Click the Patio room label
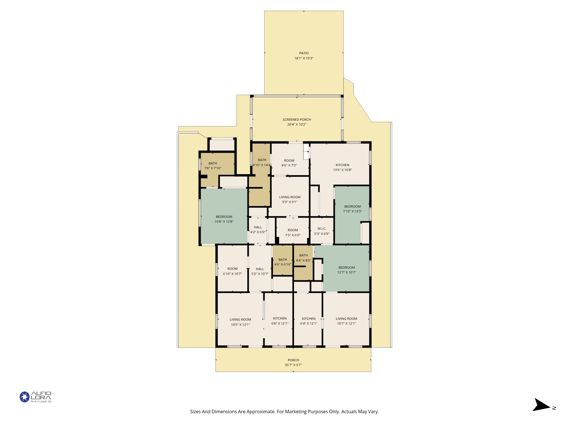pyautogui.click(x=304, y=53)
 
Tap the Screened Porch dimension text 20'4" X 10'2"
pyautogui.click(x=296, y=124)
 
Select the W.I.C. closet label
pyautogui.click(x=322, y=229)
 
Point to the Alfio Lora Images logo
pyautogui.click(x=36, y=397)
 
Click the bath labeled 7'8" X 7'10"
pyautogui.click(x=213, y=166)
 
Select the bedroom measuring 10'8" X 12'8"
pyautogui.click(x=224, y=219)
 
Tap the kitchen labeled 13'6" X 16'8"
pyautogui.click(x=342, y=167)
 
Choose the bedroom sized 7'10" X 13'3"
pyautogui.click(x=352, y=209)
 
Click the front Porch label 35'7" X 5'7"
pyautogui.click(x=293, y=362)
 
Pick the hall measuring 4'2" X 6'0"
pyautogui.click(x=258, y=229)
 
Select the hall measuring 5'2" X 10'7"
pyautogui.click(x=260, y=271)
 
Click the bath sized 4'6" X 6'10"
pyautogui.click(x=283, y=262)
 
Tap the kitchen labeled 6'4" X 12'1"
pyautogui.click(x=308, y=321)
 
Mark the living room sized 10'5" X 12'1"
pyautogui.click(x=240, y=322)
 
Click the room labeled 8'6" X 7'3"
pyautogui.click(x=289, y=163)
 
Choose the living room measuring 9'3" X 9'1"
pyautogui.click(x=290, y=199)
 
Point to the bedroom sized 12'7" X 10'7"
pyautogui.click(x=347, y=270)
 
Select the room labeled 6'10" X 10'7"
pyautogui.click(x=232, y=271)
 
